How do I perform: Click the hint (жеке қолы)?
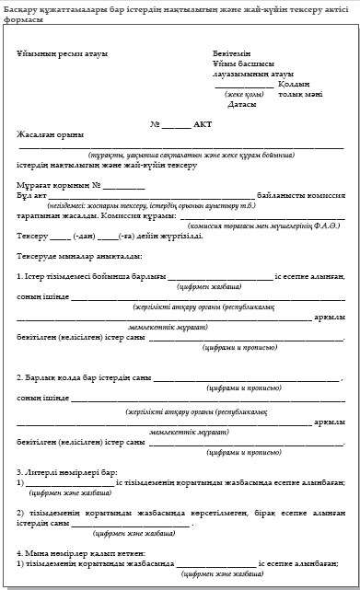(240, 94)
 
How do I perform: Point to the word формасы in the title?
(27, 18)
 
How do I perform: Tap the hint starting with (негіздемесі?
(138, 205)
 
